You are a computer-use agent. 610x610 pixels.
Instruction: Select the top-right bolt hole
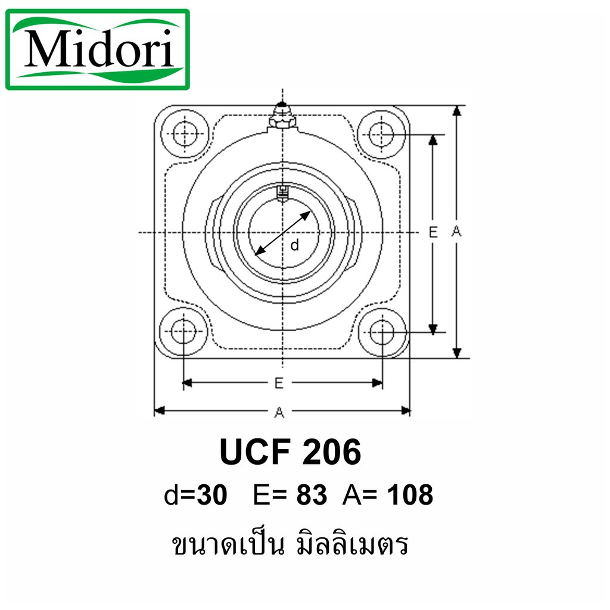(382, 133)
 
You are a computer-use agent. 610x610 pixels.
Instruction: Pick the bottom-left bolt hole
(184, 332)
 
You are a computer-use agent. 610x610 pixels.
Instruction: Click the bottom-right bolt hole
(382, 332)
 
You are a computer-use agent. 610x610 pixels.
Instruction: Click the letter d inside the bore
(294, 244)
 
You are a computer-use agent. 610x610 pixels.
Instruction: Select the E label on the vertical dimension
(433, 232)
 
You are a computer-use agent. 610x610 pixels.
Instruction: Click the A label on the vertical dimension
(457, 232)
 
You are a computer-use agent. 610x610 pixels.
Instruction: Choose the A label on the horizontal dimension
(279, 410)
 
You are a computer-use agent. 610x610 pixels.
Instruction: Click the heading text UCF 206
(291, 453)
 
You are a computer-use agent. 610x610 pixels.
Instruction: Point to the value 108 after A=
(410, 494)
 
